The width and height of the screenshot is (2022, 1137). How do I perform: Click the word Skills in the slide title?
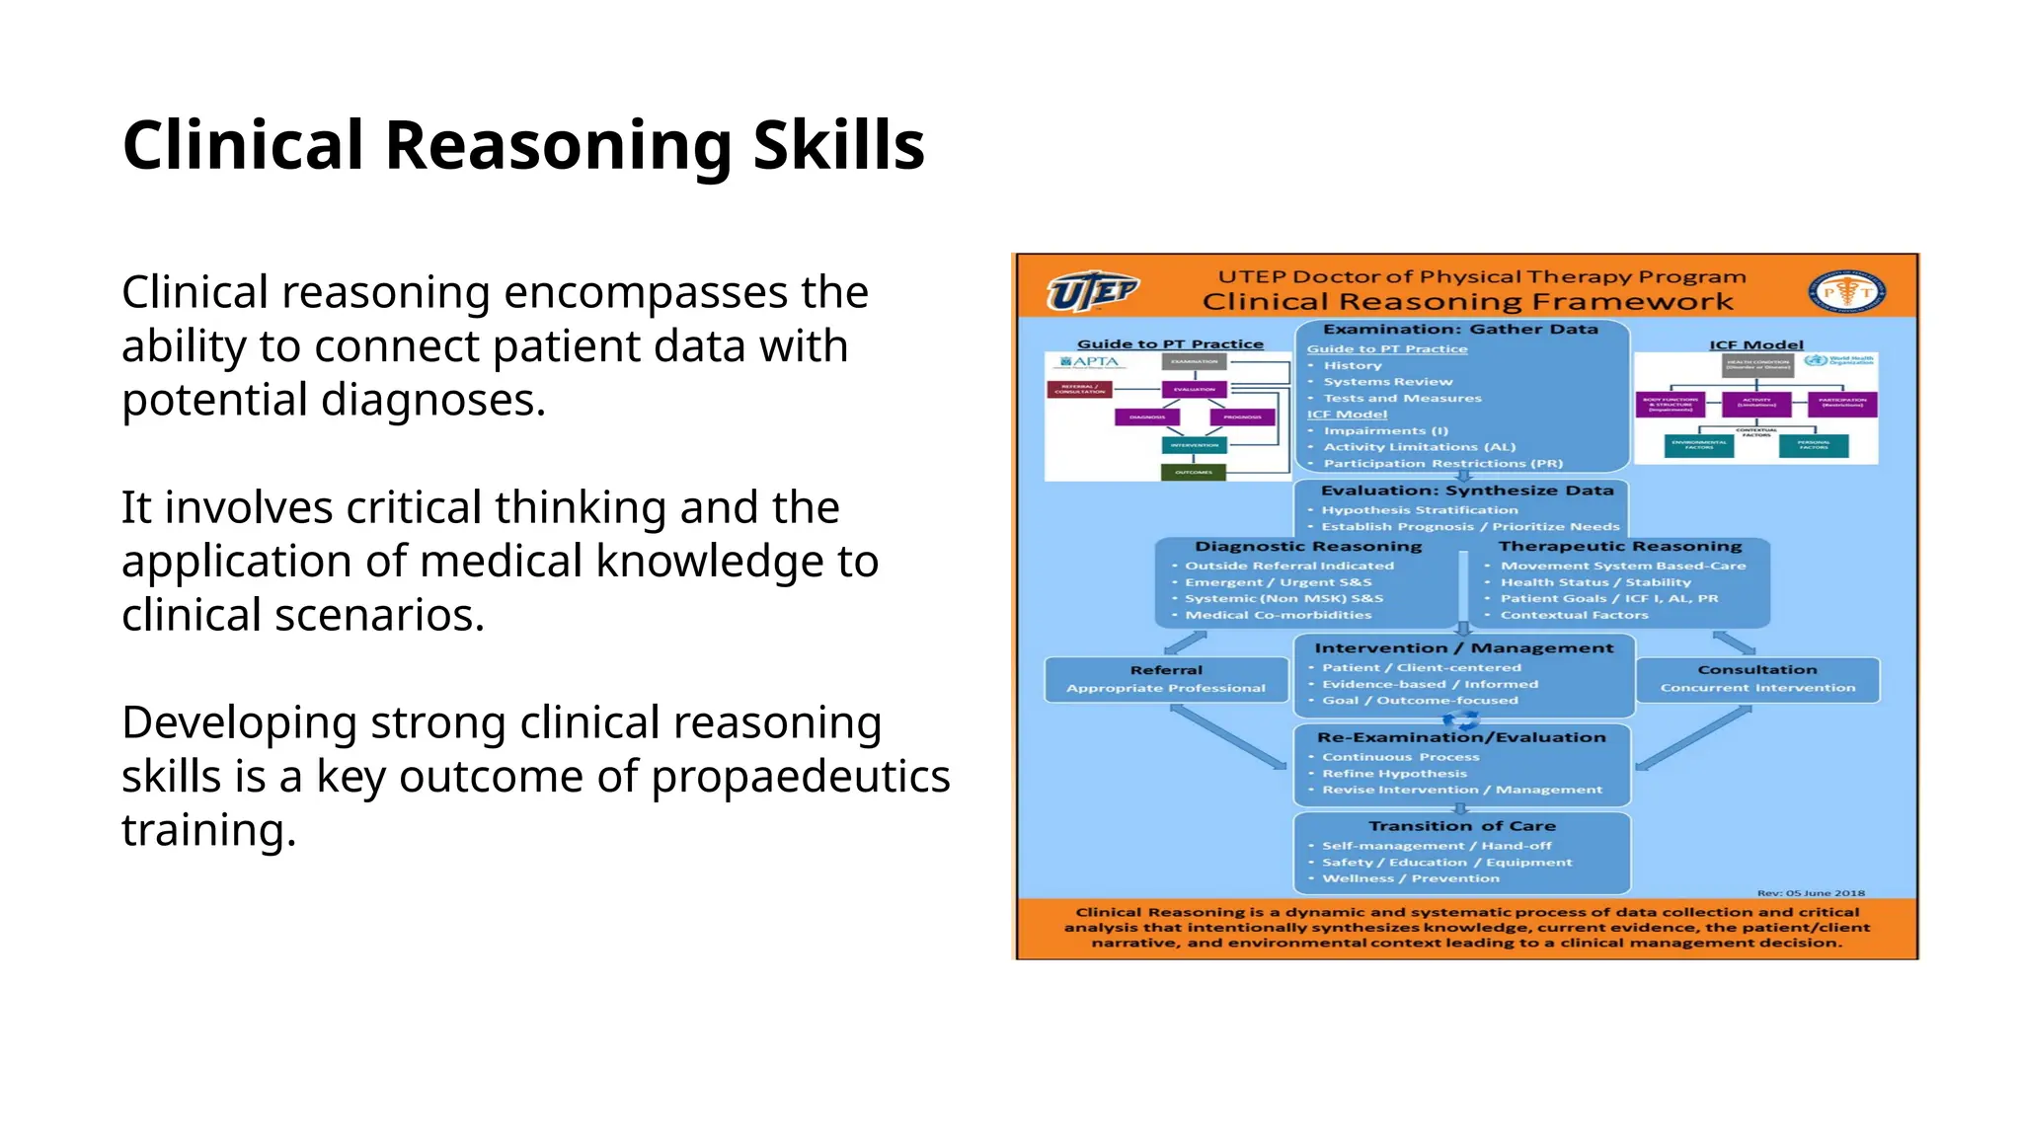point(838,145)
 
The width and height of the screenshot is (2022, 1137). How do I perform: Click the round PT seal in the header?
point(1846,291)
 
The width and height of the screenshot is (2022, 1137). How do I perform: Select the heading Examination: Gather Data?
point(1460,330)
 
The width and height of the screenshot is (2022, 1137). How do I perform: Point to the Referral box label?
point(1166,670)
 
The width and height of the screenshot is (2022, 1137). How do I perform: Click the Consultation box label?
point(1756,670)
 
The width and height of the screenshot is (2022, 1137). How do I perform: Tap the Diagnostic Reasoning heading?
point(1307,547)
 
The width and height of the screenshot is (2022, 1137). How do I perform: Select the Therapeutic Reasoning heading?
point(1619,547)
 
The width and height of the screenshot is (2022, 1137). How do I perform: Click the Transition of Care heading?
point(1461,826)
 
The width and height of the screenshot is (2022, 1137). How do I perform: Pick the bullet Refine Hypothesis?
point(1394,774)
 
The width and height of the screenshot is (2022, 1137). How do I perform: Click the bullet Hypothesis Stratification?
point(1419,510)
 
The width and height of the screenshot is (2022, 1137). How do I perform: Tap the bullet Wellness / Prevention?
point(1410,878)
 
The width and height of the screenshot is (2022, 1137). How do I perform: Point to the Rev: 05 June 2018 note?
point(1810,892)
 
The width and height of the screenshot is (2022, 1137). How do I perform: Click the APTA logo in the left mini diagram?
point(1090,361)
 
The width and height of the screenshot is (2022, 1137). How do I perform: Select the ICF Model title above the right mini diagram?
point(1755,344)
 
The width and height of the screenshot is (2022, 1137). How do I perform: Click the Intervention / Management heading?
point(1463,648)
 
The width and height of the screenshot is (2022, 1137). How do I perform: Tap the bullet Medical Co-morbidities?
point(1278,615)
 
